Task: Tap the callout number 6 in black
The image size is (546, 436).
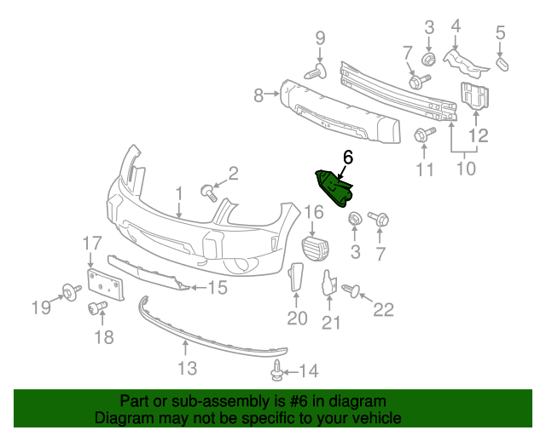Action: [x=348, y=158]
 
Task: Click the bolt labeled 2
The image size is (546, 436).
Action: [x=209, y=192]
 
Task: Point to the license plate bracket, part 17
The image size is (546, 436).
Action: [x=106, y=284]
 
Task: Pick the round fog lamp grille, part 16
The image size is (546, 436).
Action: [x=316, y=248]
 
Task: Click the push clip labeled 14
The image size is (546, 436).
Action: [x=276, y=370]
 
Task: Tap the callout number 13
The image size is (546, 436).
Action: [x=188, y=368]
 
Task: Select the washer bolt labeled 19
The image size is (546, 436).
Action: [x=71, y=292]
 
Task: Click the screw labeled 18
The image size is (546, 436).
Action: [x=96, y=308]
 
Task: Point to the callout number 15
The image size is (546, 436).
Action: [x=218, y=288]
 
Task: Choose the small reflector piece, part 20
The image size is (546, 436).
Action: [x=296, y=277]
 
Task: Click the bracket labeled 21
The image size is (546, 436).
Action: [x=329, y=284]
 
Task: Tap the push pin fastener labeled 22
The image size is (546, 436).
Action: [x=351, y=290]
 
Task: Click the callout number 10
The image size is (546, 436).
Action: [x=466, y=169]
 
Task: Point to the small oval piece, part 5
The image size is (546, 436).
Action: [x=502, y=65]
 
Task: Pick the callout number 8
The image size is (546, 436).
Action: [x=258, y=95]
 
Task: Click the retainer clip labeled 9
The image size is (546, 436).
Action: [x=316, y=72]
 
